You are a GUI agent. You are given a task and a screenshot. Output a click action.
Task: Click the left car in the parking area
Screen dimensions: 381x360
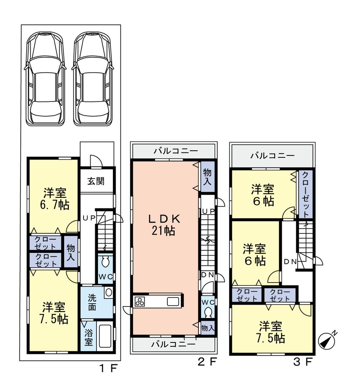click(x=45, y=79)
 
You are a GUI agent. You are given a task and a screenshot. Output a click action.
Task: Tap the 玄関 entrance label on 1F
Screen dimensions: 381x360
click(x=96, y=181)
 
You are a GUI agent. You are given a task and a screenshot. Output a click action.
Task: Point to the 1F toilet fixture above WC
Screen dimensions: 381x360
click(x=105, y=262)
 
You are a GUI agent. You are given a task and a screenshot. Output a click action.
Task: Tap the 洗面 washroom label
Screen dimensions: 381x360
click(x=92, y=302)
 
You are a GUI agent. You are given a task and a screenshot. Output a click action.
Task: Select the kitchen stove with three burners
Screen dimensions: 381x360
click(x=139, y=301)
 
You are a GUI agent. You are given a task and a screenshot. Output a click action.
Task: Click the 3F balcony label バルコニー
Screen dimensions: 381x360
click(x=273, y=156)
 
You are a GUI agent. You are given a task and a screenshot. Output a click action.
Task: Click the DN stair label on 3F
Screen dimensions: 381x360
click(x=290, y=262)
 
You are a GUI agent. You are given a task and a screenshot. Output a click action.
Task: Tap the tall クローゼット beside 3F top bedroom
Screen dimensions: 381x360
click(x=305, y=194)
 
